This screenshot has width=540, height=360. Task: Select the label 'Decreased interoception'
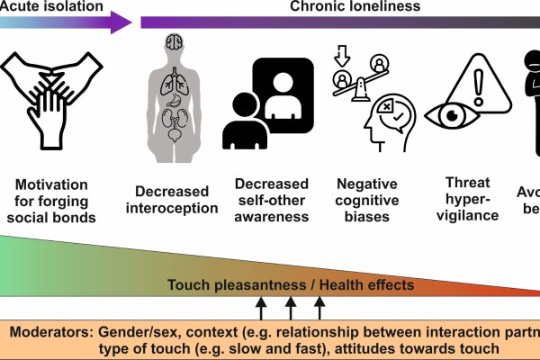(x=176, y=200)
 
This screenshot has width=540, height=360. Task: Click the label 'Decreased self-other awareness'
(x=271, y=200)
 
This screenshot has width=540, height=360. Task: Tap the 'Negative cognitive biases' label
(x=367, y=200)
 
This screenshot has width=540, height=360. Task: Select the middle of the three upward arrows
(x=291, y=310)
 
